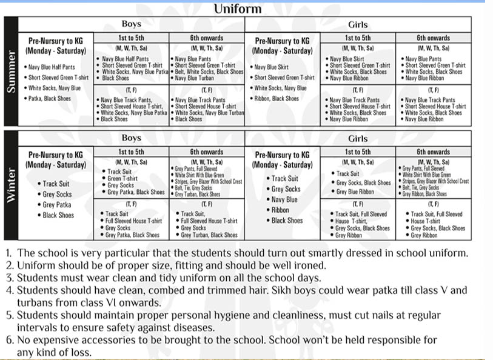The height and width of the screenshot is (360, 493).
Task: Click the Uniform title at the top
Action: coord(238,8)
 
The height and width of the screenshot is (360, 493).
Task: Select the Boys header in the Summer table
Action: coord(131,24)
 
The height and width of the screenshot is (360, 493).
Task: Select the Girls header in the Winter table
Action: coord(358,138)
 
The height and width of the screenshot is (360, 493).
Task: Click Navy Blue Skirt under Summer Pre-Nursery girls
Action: coord(272,67)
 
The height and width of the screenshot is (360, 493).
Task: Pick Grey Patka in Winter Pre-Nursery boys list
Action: coord(57,205)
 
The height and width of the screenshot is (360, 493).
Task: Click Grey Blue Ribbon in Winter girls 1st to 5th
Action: coord(357,192)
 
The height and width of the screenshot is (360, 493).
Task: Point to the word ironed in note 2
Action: coord(310,265)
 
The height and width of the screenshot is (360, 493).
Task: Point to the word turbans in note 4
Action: coord(35,302)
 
